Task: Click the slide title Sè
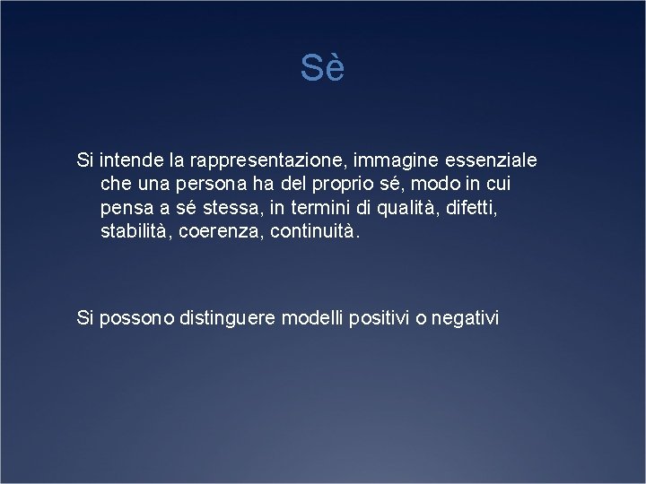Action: (322, 69)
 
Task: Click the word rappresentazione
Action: (273, 161)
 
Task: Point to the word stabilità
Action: (138, 231)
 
